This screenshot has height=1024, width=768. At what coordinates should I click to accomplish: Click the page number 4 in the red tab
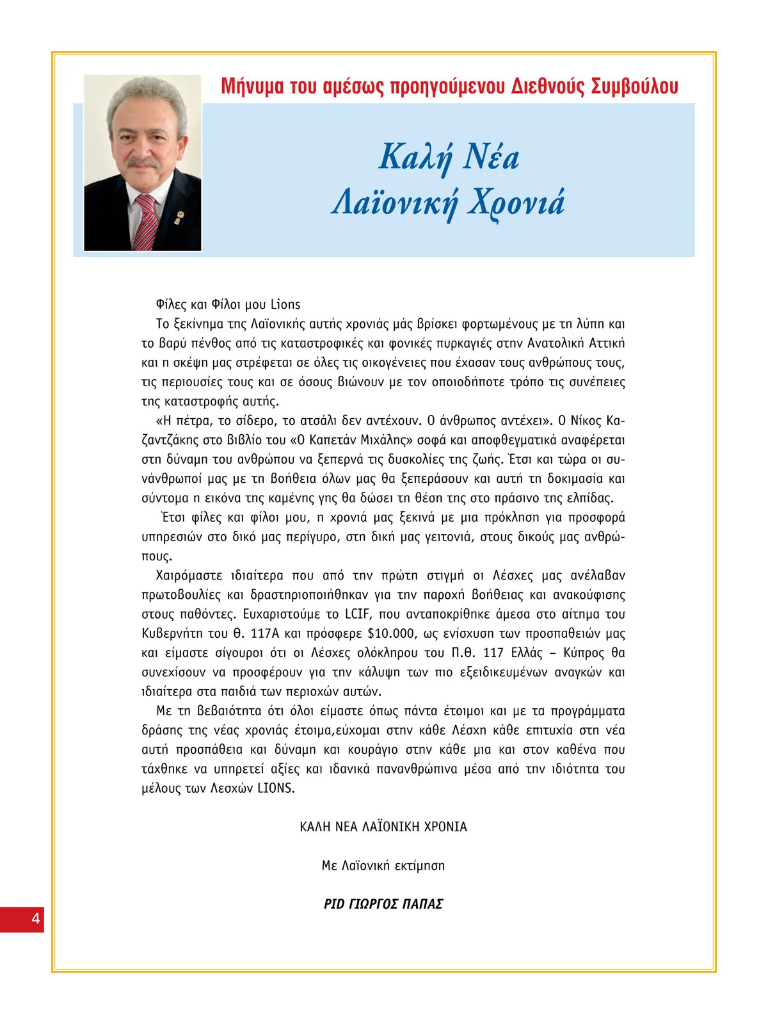(36, 919)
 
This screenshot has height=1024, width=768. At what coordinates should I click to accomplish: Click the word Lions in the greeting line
(285, 305)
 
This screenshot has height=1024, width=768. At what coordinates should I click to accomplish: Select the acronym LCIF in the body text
(357, 615)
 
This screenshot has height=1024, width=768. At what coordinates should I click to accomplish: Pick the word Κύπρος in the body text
(584, 653)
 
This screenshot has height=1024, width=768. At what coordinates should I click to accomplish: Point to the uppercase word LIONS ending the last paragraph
(275, 789)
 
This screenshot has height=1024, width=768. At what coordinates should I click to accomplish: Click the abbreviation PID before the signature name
(334, 904)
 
